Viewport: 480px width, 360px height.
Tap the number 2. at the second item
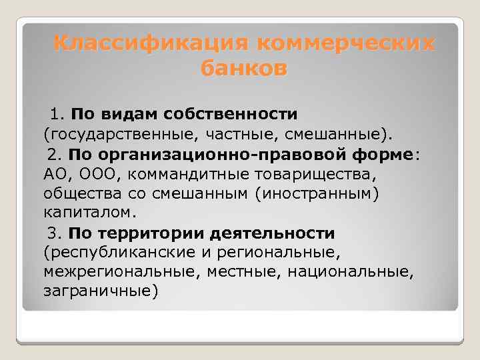tap(55, 155)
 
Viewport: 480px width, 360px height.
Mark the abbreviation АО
tap(55, 175)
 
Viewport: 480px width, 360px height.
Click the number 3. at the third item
tap(55, 233)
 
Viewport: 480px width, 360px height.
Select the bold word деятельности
tap(273, 233)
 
